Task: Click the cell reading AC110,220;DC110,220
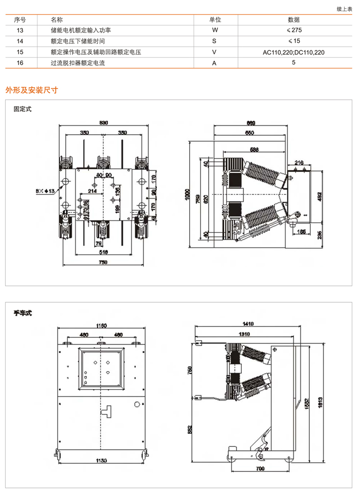(294, 52)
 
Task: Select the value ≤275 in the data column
(294, 30)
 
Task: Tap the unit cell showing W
(215, 30)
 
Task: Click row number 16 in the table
(20, 63)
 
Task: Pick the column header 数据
(294, 20)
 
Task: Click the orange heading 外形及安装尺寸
(31, 90)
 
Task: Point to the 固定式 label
(23, 109)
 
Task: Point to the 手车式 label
(23, 313)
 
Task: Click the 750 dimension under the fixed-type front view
(103, 263)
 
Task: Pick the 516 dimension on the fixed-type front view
(103, 253)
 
